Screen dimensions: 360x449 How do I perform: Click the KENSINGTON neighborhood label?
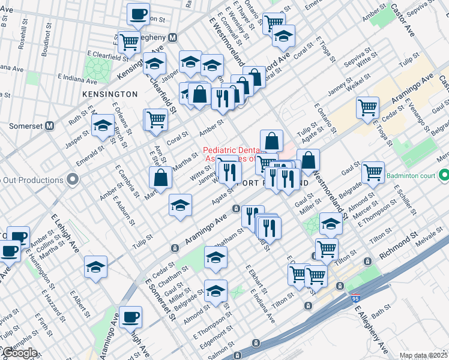coord(112,94)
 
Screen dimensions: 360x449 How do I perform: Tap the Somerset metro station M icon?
coord(50,126)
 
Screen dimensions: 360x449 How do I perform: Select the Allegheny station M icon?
coord(172,37)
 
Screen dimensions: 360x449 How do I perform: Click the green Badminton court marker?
coord(444,176)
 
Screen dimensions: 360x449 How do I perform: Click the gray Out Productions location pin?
coord(73,179)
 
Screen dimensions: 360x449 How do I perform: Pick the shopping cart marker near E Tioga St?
coord(367,108)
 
